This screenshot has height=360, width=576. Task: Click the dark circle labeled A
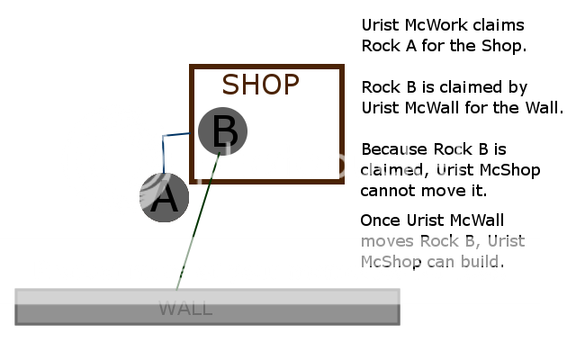(164, 197)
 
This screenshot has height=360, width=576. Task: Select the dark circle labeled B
(222, 131)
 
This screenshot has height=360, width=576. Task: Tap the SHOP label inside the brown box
(260, 85)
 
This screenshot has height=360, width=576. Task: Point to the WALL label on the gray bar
(185, 309)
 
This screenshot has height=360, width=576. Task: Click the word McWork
(429, 25)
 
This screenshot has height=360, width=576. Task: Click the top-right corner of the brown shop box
(342, 67)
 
